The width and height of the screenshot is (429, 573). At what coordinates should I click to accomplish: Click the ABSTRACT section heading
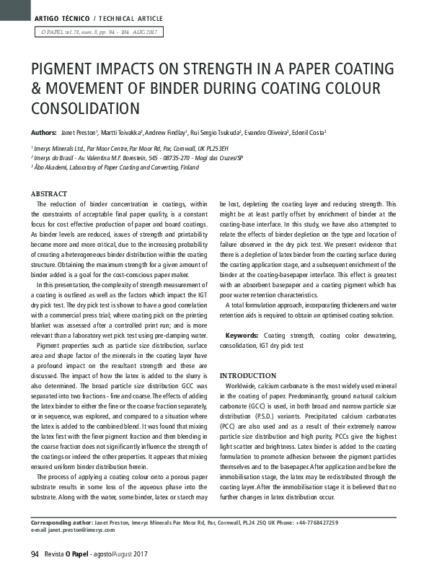pos(49,194)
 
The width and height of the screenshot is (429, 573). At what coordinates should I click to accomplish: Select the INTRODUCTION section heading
pos(247,376)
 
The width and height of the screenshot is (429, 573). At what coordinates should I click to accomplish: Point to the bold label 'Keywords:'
pos(243,336)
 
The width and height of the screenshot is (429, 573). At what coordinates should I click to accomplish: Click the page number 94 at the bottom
pos(34,554)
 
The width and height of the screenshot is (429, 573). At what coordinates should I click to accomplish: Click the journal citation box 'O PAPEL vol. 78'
pos(97,32)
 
